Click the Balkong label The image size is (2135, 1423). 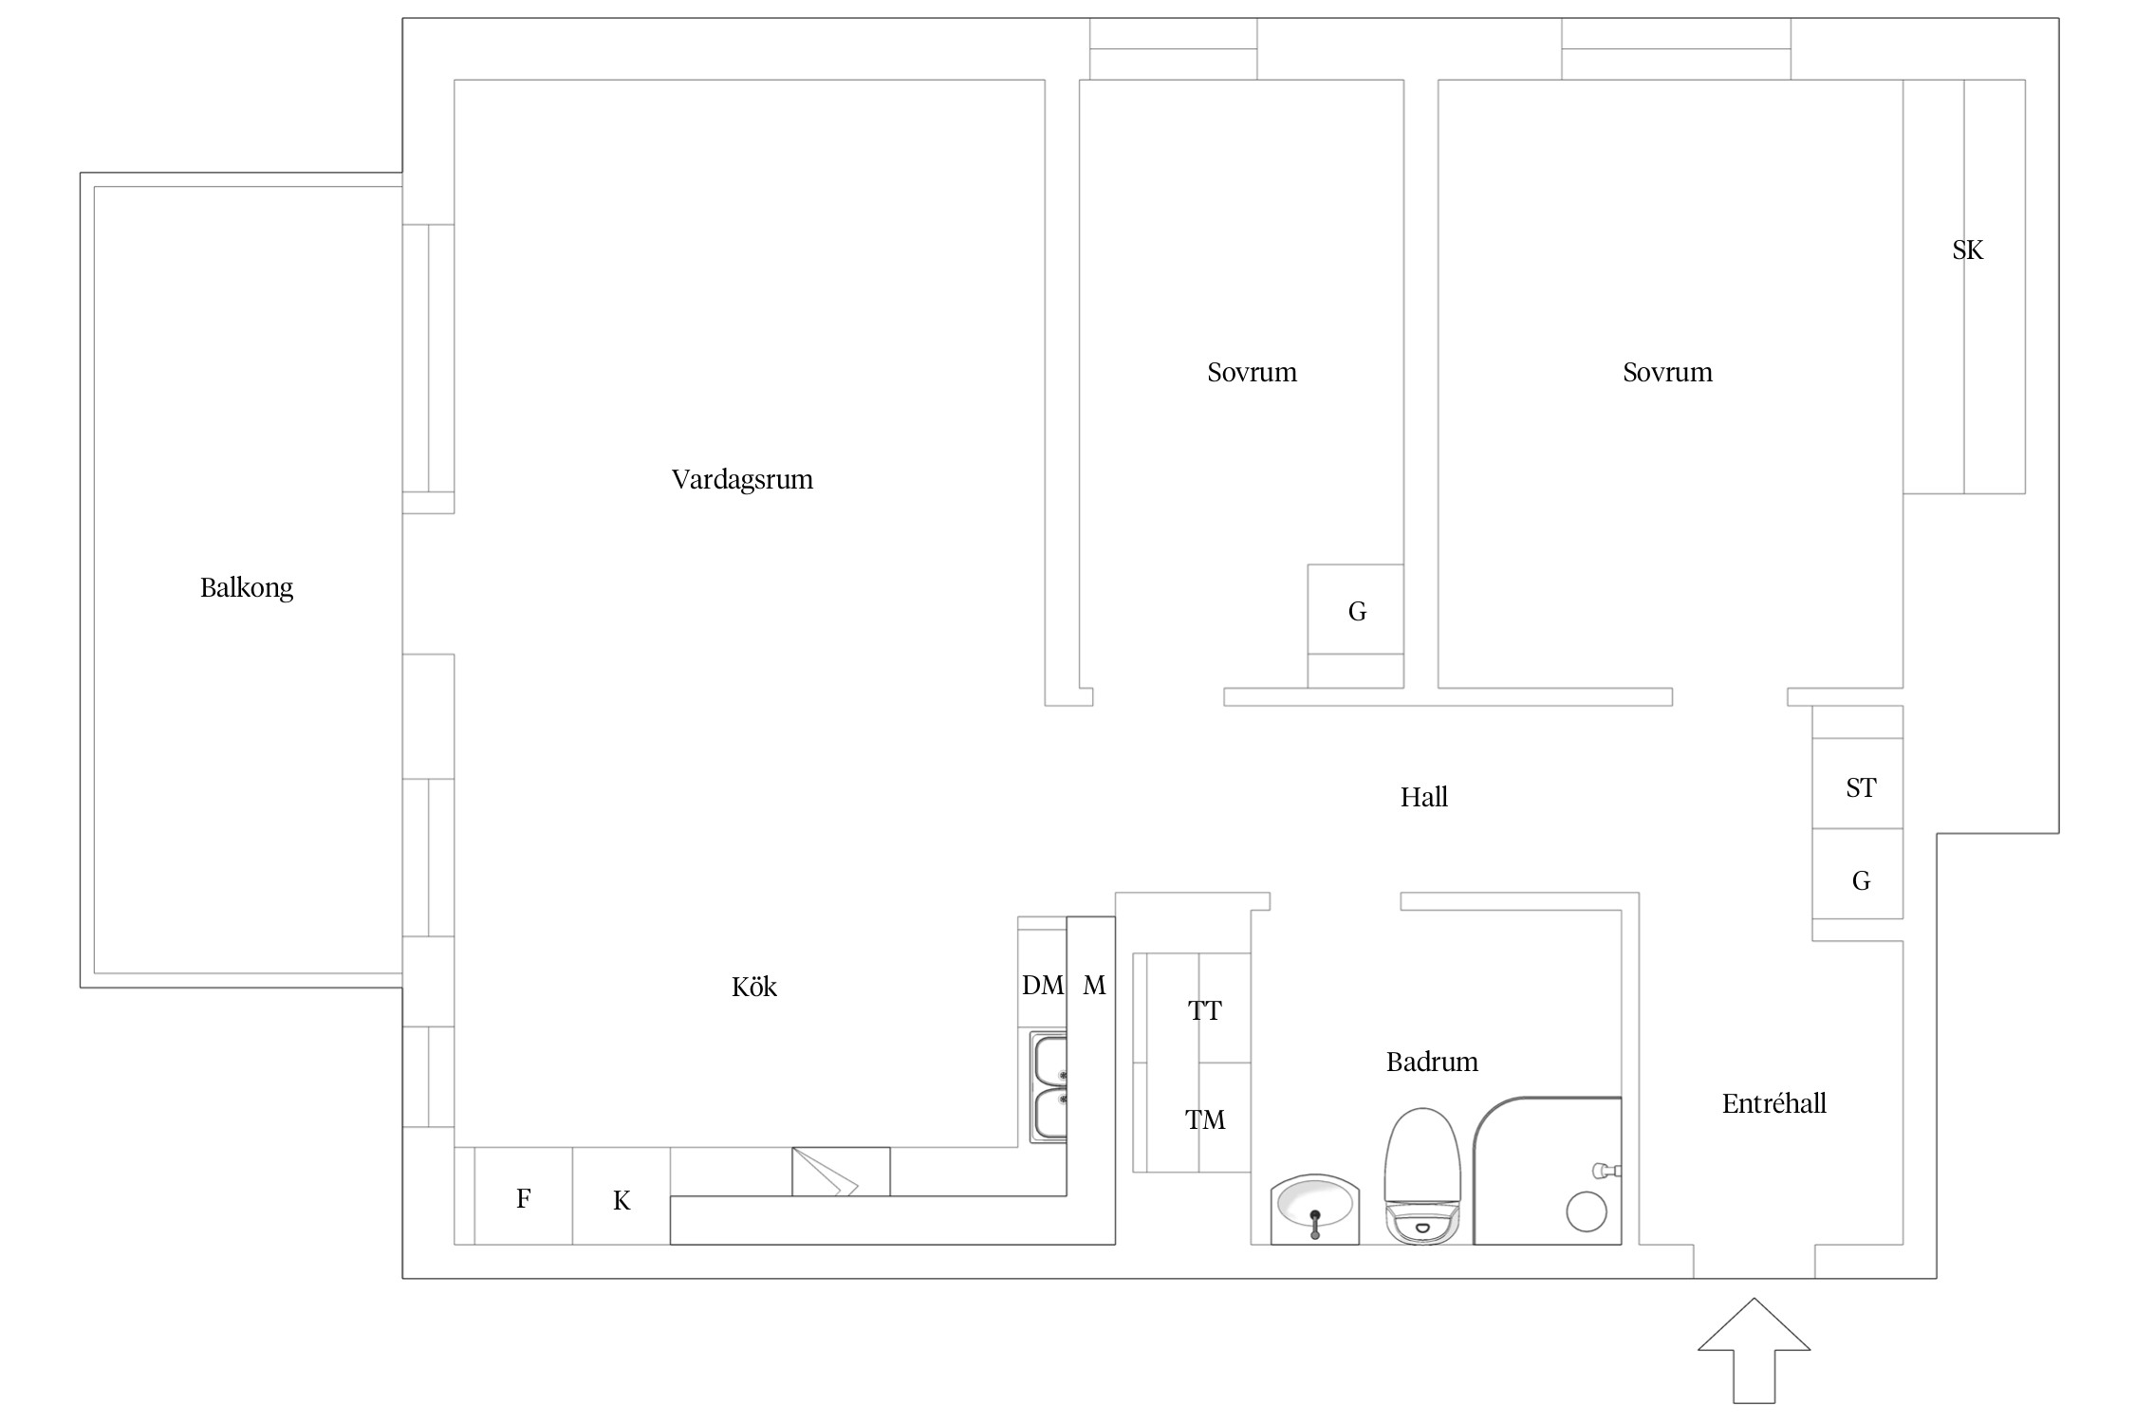(247, 588)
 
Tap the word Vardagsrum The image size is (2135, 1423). (742, 480)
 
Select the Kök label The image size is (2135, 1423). (754, 987)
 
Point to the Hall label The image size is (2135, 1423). (1424, 797)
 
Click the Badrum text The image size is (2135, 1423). (1432, 1062)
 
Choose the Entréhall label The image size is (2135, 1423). (1774, 1103)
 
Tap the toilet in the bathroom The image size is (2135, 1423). (1421, 1175)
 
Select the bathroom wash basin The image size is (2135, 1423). (1315, 1210)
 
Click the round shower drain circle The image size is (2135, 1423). (1587, 1211)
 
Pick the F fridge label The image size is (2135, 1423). (523, 1199)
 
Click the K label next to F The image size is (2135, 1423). (622, 1201)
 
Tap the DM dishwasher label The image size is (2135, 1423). (1043, 986)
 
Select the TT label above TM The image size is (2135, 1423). (1205, 1011)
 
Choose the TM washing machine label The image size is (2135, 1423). (1205, 1120)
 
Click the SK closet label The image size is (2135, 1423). (1968, 250)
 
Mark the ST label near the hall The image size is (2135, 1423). (1861, 788)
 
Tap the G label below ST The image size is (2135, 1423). (1862, 881)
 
